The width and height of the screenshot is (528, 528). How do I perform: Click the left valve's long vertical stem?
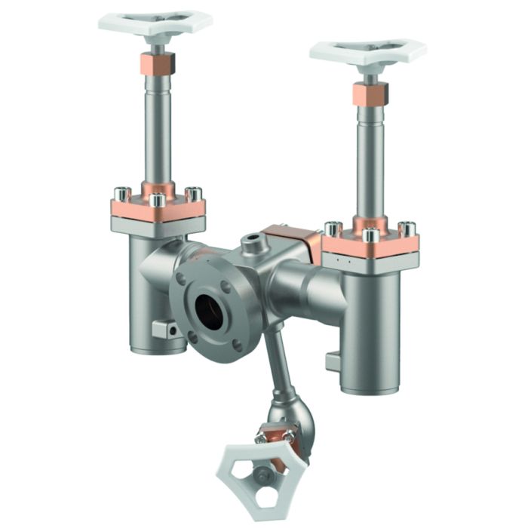click(159, 128)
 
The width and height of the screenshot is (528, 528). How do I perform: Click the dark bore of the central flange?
click(209, 309)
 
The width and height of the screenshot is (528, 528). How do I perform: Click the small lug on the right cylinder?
click(333, 362)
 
